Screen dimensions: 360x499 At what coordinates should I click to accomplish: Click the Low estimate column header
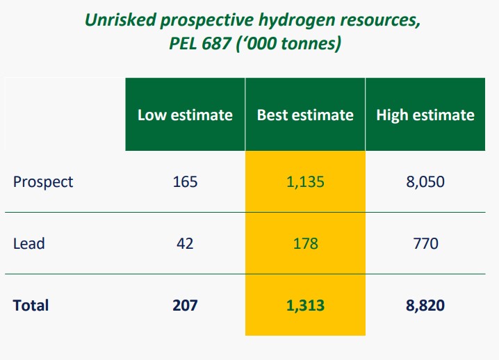(x=185, y=115)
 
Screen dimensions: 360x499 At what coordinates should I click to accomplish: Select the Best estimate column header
(x=305, y=115)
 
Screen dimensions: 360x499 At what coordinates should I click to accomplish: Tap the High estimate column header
(x=425, y=115)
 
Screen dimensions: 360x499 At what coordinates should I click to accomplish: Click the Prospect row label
(x=43, y=182)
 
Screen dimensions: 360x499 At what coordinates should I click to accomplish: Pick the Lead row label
(x=29, y=243)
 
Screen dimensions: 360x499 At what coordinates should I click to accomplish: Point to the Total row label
(x=31, y=305)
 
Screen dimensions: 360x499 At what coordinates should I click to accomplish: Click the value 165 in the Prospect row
(x=185, y=182)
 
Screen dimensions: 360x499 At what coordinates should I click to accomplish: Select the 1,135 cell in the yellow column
(x=305, y=182)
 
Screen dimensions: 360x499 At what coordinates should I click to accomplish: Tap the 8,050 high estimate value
(x=425, y=182)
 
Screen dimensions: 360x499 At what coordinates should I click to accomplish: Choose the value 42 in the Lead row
(x=185, y=243)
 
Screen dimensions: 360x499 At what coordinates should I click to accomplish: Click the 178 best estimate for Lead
(x=305, y=243)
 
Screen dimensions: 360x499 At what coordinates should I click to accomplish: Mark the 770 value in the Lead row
(x=425, y=243)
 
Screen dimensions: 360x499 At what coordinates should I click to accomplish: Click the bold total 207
(x=185, y=305)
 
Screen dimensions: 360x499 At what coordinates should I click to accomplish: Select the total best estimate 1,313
(x=305, y=305)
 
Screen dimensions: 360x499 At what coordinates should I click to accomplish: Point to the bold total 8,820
(x=425, y=305)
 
